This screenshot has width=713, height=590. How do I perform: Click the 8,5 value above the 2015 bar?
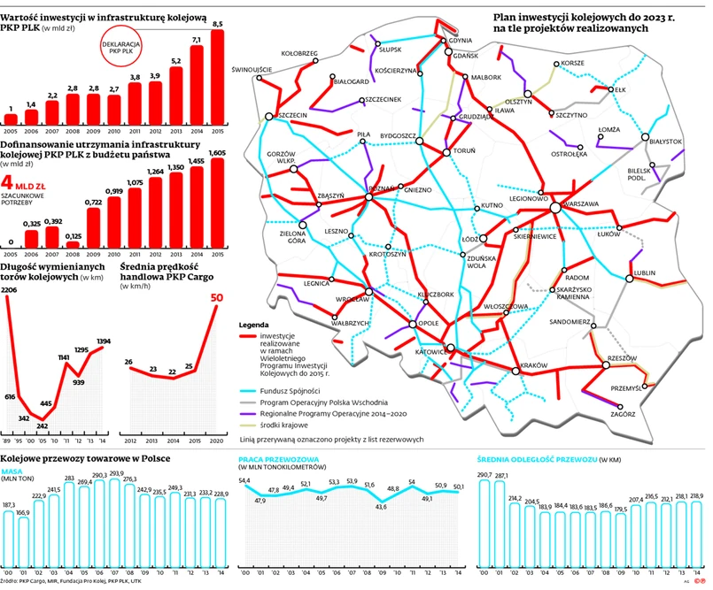tap(218, 23)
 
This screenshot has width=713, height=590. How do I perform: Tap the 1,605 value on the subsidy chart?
tap(218, 152)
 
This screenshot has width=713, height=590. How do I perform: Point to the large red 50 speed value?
tap(215, 299)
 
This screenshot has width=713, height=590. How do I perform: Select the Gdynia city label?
tap(459, 40)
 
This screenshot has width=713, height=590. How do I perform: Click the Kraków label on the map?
tap(535, 366)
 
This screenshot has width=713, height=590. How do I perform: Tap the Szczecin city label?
tap(291, 115)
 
